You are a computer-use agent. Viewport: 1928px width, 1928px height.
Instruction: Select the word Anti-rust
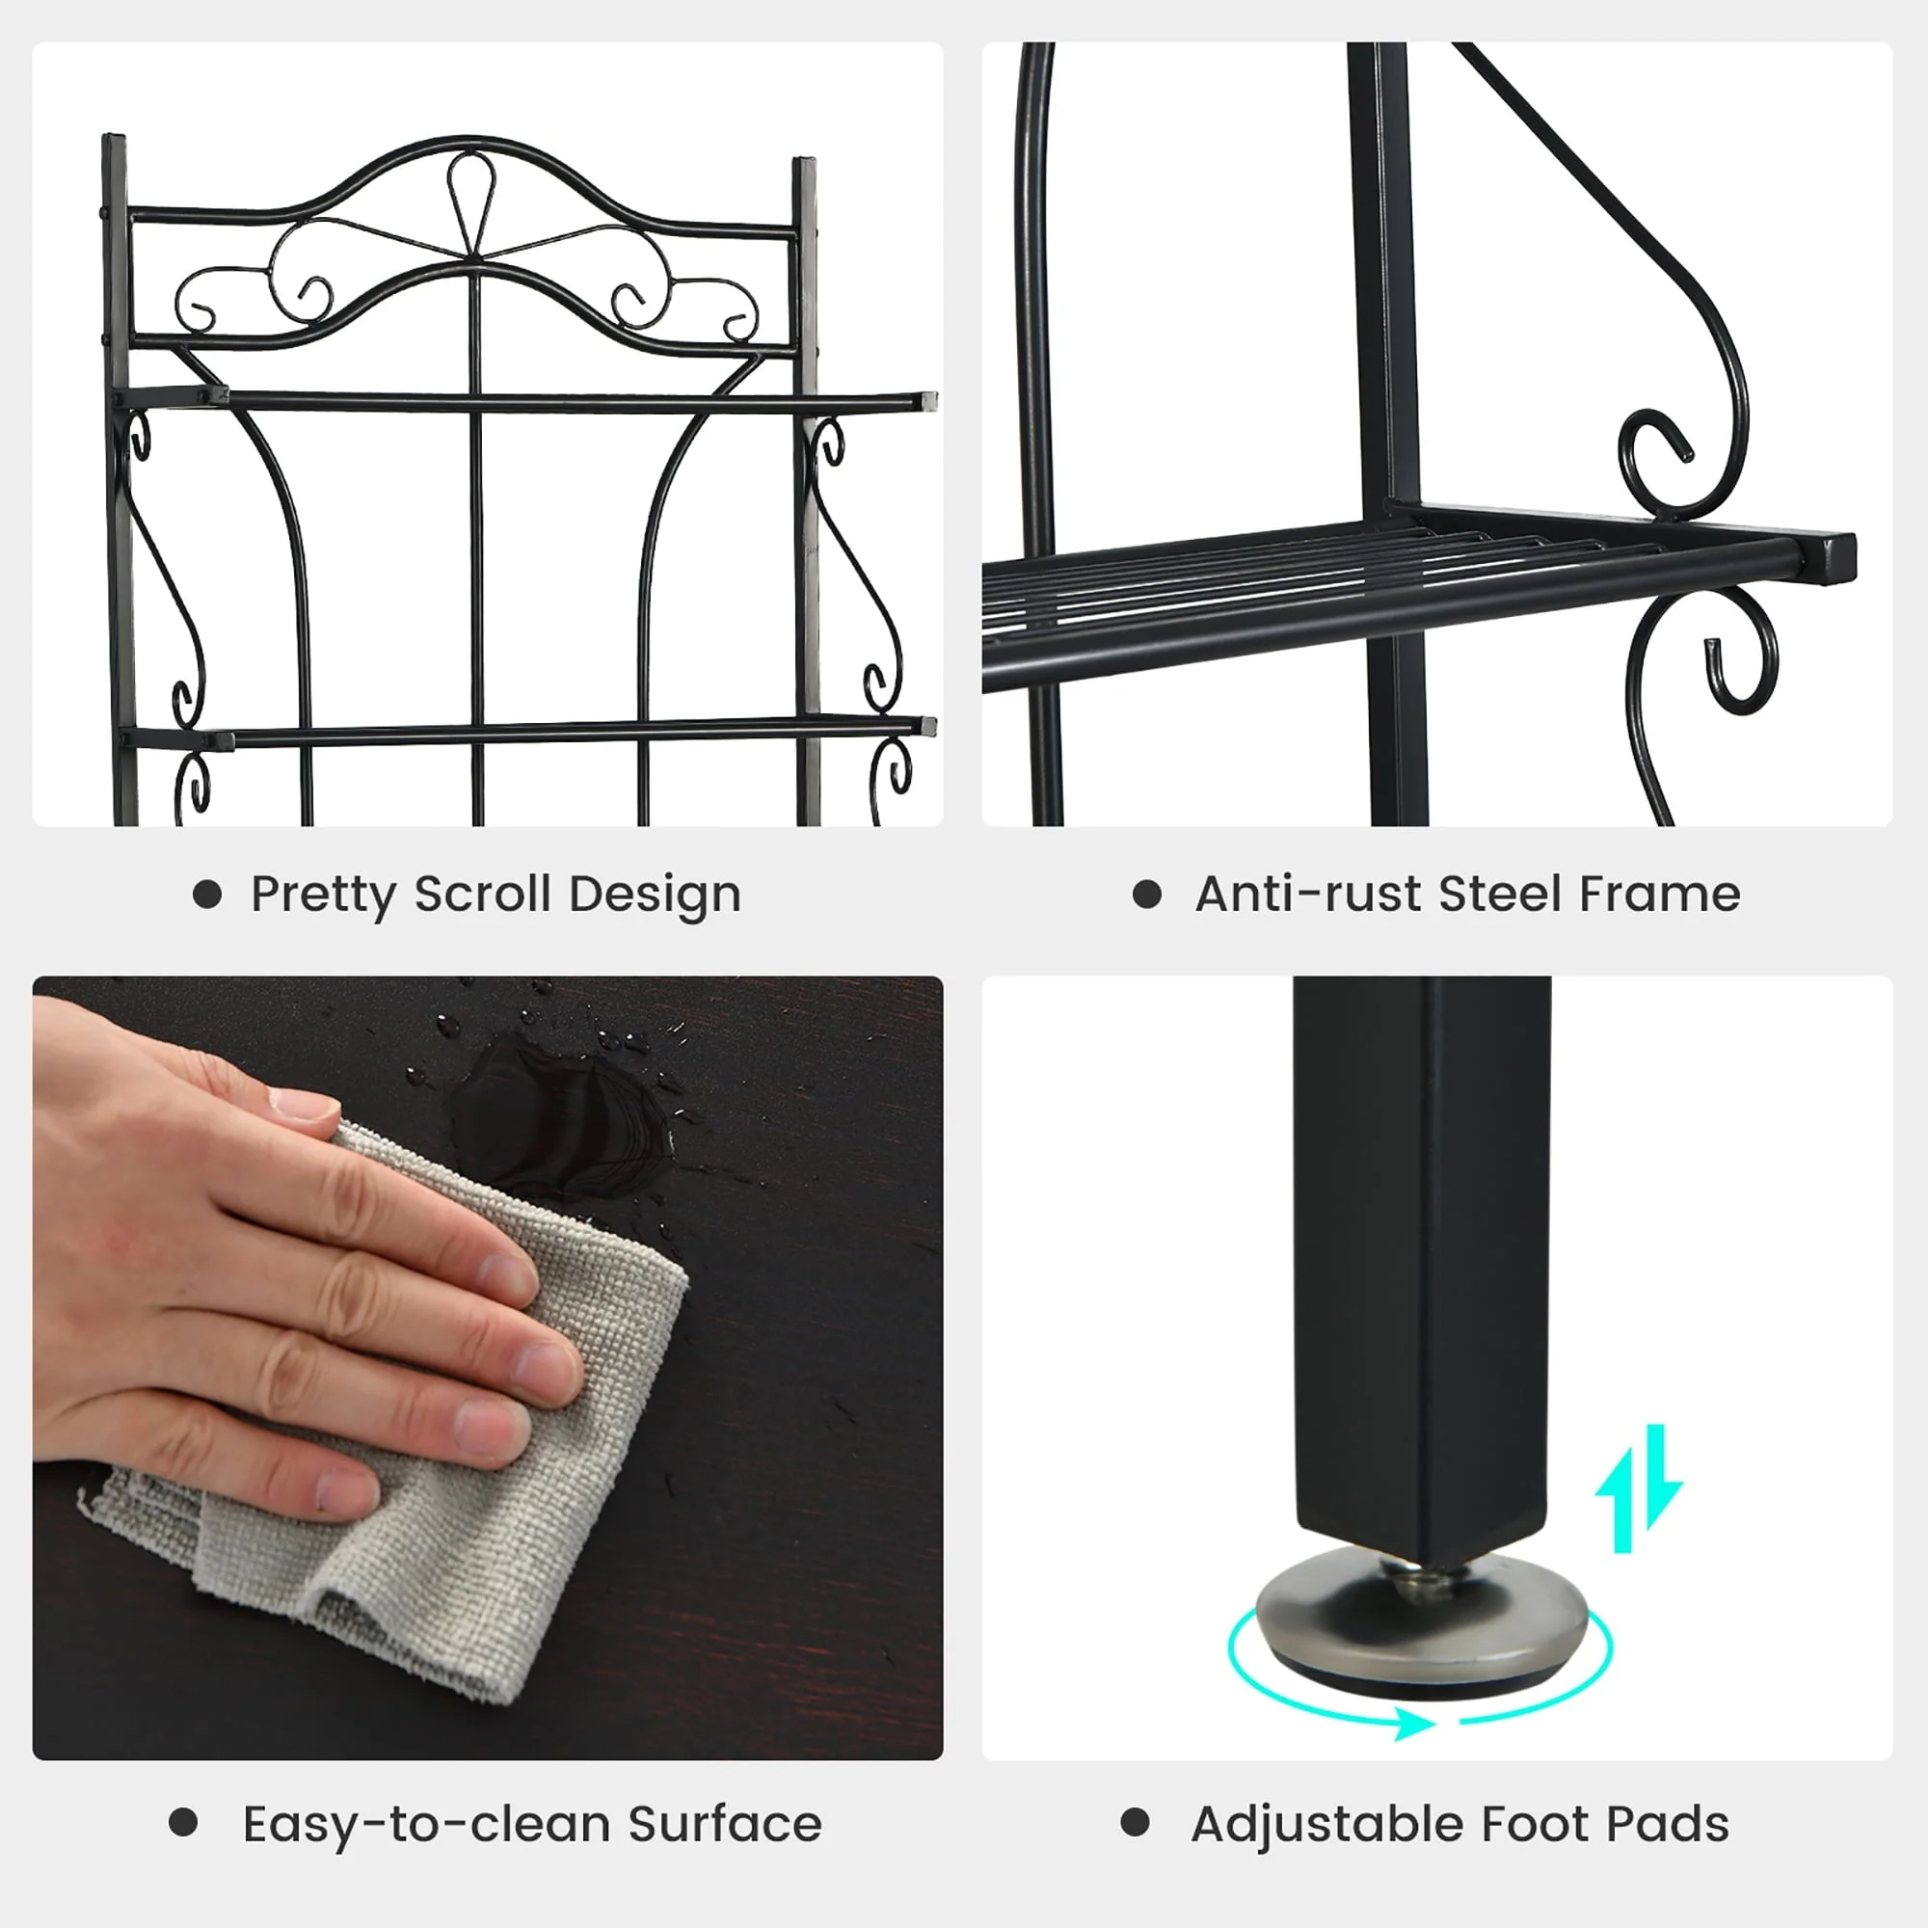[x=1308, y=894]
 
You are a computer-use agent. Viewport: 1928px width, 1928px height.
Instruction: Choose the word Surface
[x=726, y=1823]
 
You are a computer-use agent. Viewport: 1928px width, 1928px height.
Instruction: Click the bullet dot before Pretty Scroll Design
[x=206, y=895]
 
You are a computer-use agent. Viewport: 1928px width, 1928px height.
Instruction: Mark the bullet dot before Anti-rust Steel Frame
[x=1147, y=895]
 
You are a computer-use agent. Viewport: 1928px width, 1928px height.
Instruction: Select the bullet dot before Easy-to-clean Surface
[x=183, y=1822]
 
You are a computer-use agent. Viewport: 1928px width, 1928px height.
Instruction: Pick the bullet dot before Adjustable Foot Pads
[x=1136, y=1822]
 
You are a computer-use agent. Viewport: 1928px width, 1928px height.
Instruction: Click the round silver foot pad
[x=1421, y=1621]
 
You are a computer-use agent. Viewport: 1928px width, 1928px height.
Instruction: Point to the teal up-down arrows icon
[x=1638, y=1489]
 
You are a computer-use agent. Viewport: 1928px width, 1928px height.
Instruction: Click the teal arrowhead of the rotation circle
[x=1414, y=1723]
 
